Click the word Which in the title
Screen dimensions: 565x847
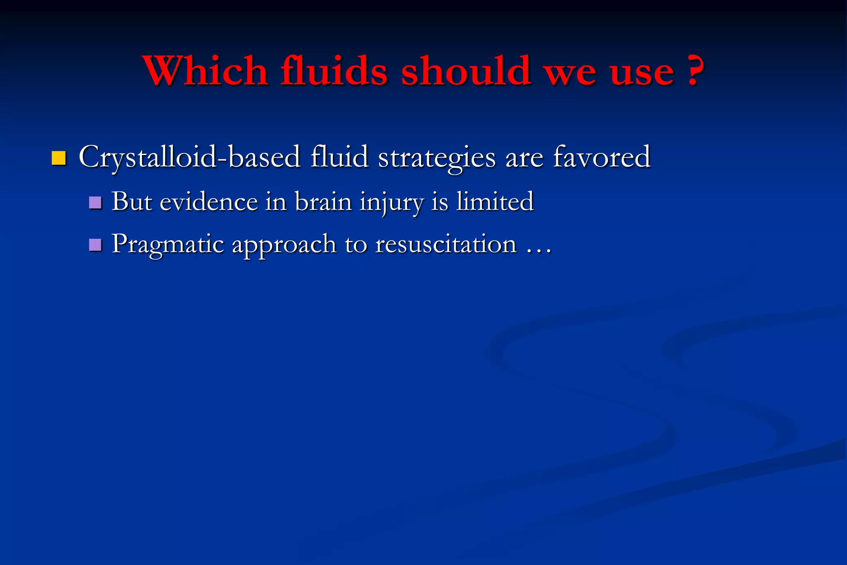point(206,71)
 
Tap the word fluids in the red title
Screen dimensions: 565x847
point(334,71)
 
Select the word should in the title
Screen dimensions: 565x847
point(466,71)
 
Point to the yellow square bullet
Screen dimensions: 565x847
point(59,158)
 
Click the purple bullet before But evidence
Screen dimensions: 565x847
point(95,203)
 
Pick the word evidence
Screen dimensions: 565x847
point(209,202)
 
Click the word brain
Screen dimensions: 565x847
point(323,202)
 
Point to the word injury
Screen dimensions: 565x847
point(392,203)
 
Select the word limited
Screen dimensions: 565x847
point(495,202)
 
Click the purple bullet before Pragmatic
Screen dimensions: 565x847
point(95,245)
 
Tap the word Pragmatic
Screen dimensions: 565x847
point(168,245)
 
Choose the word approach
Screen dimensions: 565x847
point(284,245)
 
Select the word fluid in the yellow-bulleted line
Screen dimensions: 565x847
point(339,157)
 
